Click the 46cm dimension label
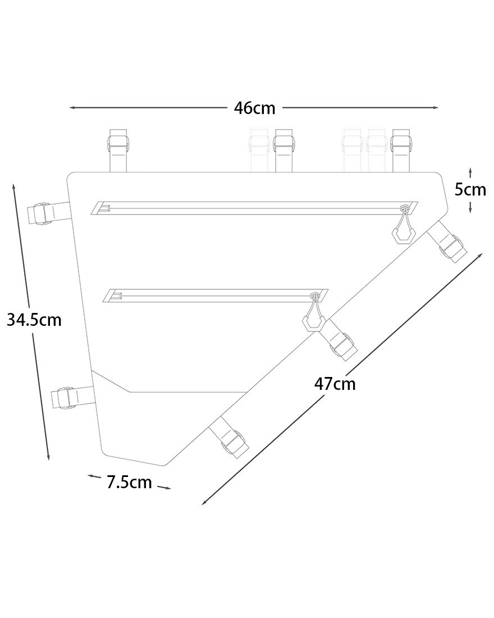pos(254,108)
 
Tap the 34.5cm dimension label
pos(34,320)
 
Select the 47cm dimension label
pos(335,384)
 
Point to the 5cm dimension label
pos(470,189)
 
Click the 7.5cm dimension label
pos(129,482)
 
